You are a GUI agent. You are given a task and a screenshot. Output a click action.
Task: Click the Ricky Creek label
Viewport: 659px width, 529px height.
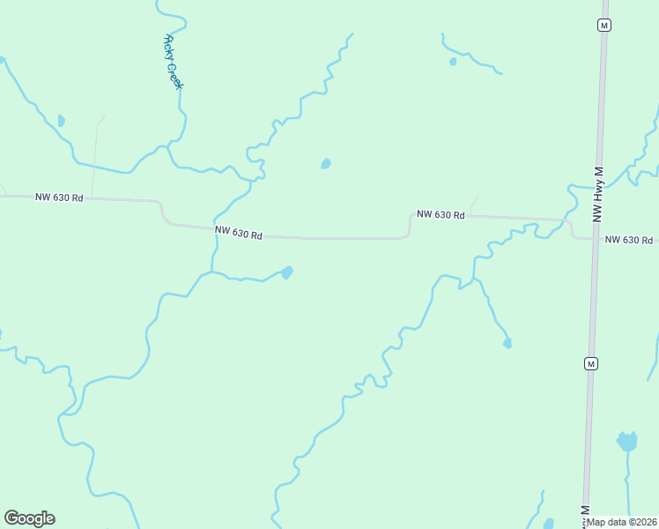pyautogui.click(x=173, y=62)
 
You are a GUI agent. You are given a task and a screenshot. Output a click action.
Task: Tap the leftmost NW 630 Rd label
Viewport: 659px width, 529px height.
pyautogui.click(x=59, y=197)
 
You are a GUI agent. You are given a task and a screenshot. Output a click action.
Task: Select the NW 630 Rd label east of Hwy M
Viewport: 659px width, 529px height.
pyautogui.click(x=628, y=240)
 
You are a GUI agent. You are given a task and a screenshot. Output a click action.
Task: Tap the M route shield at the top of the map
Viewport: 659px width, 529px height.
pyautogui.click(x=603, y=25)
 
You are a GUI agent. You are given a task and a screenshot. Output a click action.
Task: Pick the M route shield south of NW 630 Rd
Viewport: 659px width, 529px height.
pyautogui.click(x=590, y=363)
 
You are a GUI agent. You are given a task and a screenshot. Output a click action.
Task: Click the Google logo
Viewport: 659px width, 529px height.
pyautogui.click(x=29, y=518)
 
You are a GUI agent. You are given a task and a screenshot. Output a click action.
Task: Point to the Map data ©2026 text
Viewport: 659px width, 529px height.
pyautogui.click(x=622, y=522)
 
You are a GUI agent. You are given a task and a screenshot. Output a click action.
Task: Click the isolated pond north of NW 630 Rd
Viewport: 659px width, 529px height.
pyautogui.click(x=325, y=164)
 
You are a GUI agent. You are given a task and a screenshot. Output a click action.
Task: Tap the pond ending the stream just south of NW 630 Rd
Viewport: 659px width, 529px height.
pyautogui.click(x=286, y=272)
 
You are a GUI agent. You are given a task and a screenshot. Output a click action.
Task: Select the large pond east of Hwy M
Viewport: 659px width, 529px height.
pyautogui.click(x=626, y=441)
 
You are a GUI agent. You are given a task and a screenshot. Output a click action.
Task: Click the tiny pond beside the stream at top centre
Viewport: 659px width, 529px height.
pyautogui.click(x=453, y=62)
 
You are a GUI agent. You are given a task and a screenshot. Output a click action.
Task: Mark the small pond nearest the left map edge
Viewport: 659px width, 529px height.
pyautogui.click(x=61, y=120)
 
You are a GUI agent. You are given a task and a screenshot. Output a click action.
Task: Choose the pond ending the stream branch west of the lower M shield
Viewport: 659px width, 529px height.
pyautogui.click(x=507, y=343)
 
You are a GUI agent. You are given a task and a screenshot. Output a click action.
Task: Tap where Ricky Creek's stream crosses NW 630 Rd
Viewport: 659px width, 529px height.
pyautogui.click(x=214, y=226)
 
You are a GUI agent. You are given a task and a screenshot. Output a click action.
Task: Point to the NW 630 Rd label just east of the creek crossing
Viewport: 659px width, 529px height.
pyautogui.click(x=239, y=234)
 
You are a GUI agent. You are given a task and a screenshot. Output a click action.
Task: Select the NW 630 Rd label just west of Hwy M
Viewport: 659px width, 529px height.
pyautogui.click(x=441, y=214)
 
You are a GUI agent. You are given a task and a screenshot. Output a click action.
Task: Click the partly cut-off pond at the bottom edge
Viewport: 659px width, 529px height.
pyautogui.click(x=548, y=524)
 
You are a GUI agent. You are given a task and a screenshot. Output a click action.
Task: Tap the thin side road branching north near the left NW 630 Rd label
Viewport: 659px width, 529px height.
pyautogui.click(x=95, y=159)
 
